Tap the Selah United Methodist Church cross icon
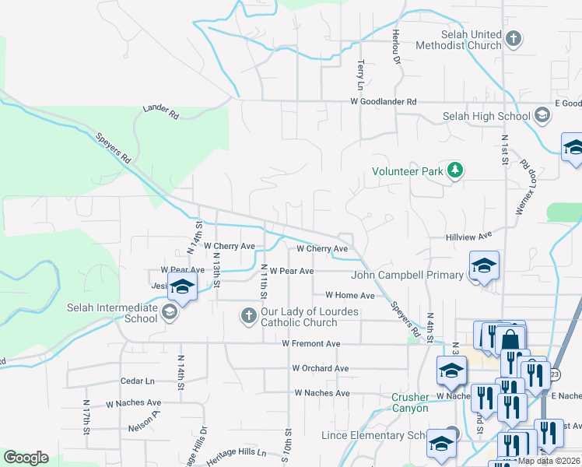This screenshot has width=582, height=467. tap(513, 37)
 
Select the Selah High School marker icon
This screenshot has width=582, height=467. tap(543, 117)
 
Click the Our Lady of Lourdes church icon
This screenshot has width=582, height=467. tap(248, 315)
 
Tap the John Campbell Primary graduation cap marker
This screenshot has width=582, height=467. tap(484, 268)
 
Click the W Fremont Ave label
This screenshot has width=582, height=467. tap(311, 343)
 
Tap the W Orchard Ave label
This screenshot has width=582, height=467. tap(321, 368)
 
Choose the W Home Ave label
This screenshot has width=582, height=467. tap(349, 296)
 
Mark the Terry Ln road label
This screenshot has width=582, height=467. tap(360, 75)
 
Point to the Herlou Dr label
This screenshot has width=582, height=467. tap(396, 45)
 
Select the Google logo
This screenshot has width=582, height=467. tap(26, 458)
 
